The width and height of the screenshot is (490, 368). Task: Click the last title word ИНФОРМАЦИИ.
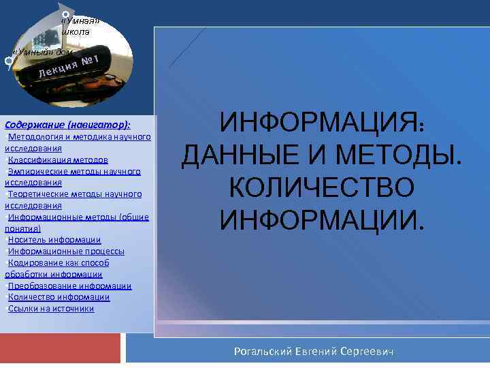tap(321, 219)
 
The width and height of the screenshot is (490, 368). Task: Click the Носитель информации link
tap(54, 240)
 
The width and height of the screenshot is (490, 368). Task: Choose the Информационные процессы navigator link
tap(66, 251)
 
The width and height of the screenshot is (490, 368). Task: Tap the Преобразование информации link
tap(69, 286)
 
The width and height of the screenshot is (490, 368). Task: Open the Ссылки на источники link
tap(51, 308)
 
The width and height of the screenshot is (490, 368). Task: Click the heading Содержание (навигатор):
tap(67, 125)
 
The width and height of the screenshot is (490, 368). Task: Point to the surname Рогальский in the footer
tap(261, 351)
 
